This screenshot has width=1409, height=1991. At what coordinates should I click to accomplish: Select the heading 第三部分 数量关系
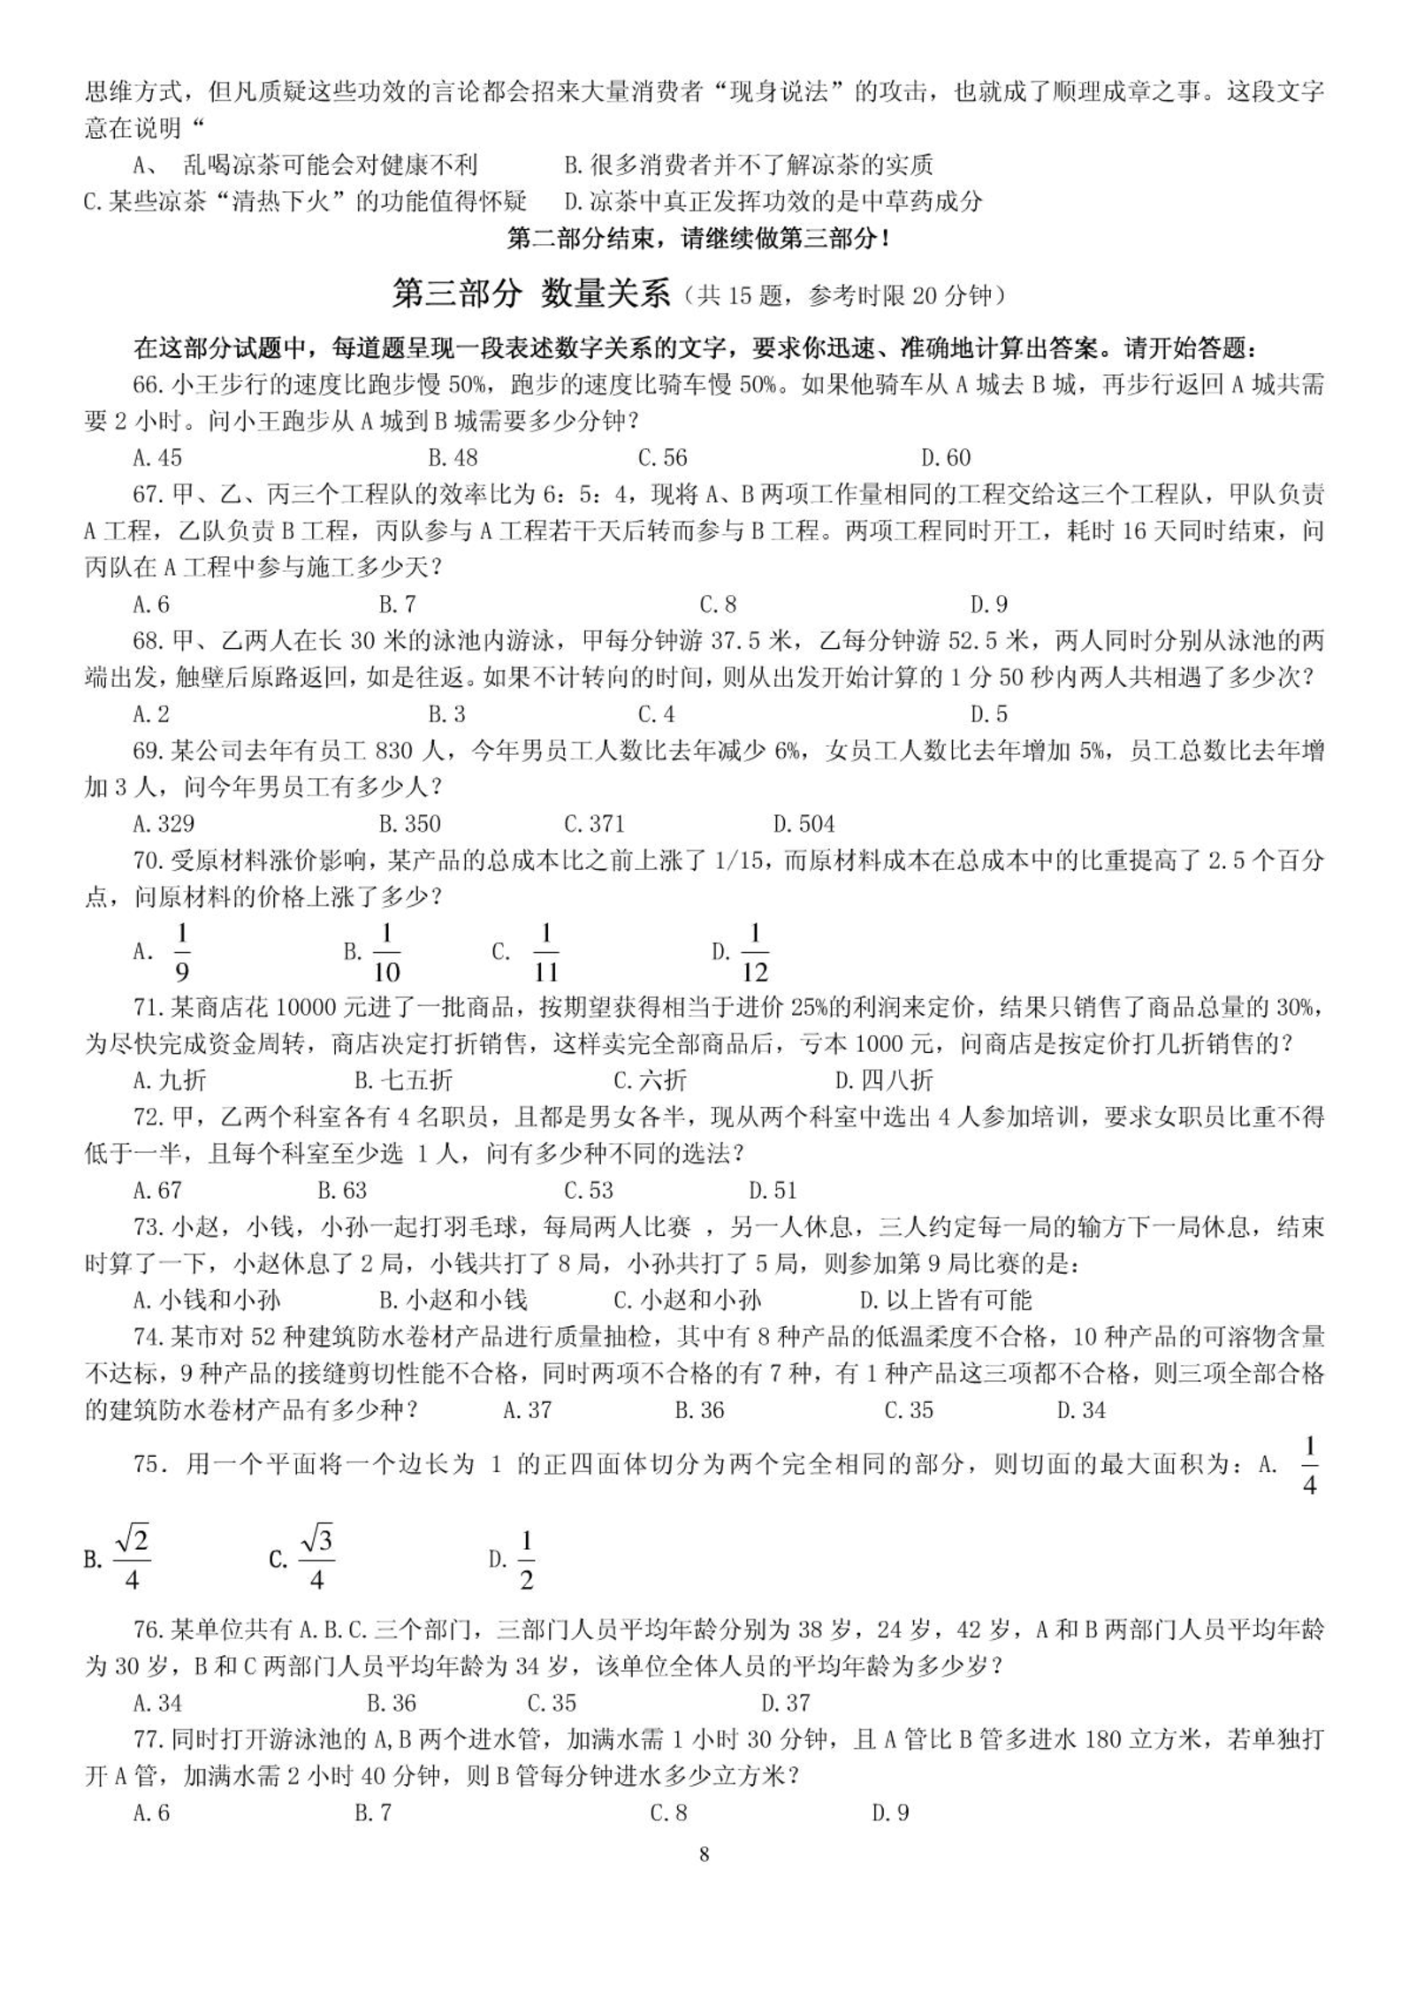pos(530,294)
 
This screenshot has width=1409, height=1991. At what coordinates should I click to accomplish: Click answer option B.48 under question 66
pos(453,457)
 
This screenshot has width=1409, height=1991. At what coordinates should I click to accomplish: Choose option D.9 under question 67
pos(989,604)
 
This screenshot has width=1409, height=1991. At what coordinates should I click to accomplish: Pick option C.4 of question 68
pos(656,713)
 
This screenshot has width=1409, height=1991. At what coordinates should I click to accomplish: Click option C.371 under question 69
pos(594,823)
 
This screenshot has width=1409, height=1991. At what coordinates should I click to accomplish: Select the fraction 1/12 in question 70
pos(754,952)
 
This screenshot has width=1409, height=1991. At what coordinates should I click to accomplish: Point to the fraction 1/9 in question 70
pos(182,952)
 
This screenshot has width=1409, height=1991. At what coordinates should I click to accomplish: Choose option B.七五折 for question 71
pos(403,1079)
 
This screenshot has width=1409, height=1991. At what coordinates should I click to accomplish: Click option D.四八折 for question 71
pos(883,1079)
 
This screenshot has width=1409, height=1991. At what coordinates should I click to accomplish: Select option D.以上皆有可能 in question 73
pos(945,1300)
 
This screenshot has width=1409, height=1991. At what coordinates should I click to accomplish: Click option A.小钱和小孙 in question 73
pos(207,1300)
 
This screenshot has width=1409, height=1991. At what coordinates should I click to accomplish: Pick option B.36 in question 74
pos(699,1410)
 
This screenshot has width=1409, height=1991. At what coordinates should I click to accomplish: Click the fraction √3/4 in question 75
pos(316,1560)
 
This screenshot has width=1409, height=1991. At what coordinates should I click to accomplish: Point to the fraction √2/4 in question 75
pos(132,1560)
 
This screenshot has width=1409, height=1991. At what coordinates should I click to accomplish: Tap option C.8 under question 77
pos(668,1812)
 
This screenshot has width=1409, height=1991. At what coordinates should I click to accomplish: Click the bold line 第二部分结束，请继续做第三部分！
pos(698,238)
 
